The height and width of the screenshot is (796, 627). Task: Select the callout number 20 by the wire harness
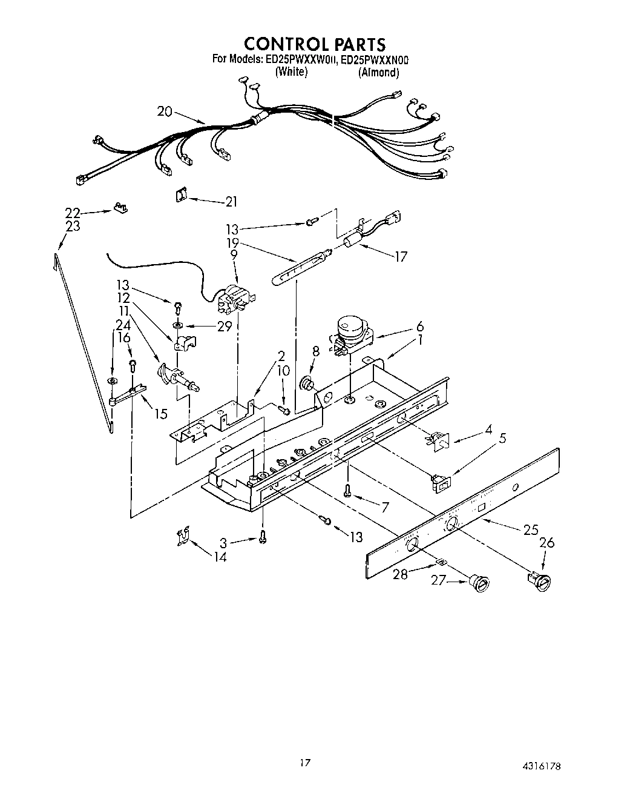tap(165, 111)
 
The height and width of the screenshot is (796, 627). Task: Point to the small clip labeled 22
tap(121, 208)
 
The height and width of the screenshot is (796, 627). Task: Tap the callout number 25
tap(530, 530)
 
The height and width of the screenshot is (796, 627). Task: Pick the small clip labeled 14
tap(182, 536)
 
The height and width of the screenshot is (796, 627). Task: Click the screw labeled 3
tap(263, 536)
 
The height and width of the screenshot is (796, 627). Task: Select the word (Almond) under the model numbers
tap(379, 73)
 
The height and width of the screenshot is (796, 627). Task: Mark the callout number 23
tap(73, 226)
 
